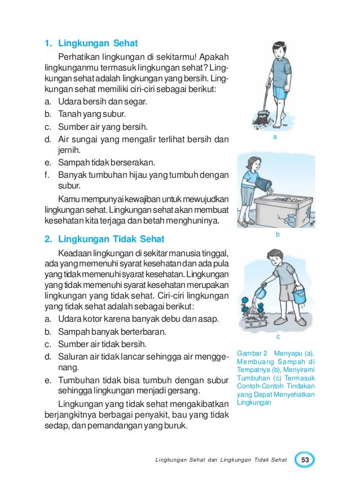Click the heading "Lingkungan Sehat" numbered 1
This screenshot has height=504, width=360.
(x=98, y=43)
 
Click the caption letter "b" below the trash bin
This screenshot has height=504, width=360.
(x=277, y=233)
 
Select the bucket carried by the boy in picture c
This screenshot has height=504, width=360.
(x=300, y=296)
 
